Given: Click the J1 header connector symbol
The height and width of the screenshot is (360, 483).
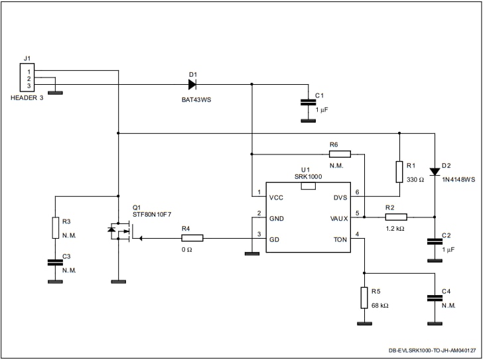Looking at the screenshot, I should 26,78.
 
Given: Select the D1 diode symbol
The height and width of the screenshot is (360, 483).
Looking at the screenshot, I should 192,84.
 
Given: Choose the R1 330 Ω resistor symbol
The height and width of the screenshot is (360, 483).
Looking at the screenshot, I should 399,171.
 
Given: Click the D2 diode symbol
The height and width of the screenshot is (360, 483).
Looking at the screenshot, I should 435,172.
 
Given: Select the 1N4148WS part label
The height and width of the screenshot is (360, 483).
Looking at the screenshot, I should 458,179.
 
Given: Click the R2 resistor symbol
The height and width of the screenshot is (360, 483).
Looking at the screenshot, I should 395,216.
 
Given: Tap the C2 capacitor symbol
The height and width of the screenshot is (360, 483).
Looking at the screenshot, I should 435,242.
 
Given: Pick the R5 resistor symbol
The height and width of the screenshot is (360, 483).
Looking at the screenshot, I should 364,298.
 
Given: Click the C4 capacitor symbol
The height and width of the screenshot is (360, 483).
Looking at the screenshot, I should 435,298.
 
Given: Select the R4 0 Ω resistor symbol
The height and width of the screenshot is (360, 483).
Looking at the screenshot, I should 192,238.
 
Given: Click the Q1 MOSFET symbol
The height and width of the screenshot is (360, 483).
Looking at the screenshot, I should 122,231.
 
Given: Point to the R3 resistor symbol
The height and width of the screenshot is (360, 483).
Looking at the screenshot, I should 56,228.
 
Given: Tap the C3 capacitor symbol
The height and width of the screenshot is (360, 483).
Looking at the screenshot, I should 56,263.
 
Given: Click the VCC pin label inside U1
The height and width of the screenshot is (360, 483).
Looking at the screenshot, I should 277,198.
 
